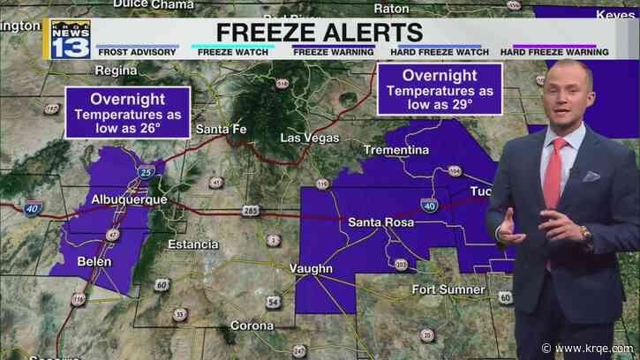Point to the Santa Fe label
tap(221, 131)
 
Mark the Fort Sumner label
tap(448, 289)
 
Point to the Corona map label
tap(252, 325)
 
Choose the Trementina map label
tap(393, 152)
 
